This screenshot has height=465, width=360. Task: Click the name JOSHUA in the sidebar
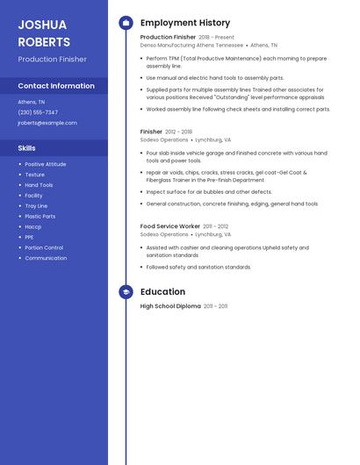coord(42,25)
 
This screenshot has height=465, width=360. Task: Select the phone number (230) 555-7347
coord(38,112)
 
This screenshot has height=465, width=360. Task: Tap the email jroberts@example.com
coord(47,123)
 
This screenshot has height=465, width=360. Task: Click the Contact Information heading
coord(56,86)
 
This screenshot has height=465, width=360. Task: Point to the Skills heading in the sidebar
coord(27,148)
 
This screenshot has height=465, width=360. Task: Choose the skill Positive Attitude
coord(45,164)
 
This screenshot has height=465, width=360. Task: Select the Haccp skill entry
coord(33,226)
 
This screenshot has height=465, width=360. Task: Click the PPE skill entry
coord(29,237)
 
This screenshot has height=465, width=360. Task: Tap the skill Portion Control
coord(44,247)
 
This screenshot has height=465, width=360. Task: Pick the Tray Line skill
coord(36,205)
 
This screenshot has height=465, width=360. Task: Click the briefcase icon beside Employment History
coord(126,23)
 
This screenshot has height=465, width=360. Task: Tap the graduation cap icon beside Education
coord(126,292)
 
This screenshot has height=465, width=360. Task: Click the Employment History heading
coord(185,23)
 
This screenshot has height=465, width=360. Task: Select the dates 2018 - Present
coord(216,38)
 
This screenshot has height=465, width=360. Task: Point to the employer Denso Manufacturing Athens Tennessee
coord(191,46)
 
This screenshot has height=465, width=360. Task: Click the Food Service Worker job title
coord(170,226)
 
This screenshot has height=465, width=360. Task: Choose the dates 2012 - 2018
coord(178,132)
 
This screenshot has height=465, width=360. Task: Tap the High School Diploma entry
coord(170,306)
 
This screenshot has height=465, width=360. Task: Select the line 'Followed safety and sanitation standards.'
coord(198,267)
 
